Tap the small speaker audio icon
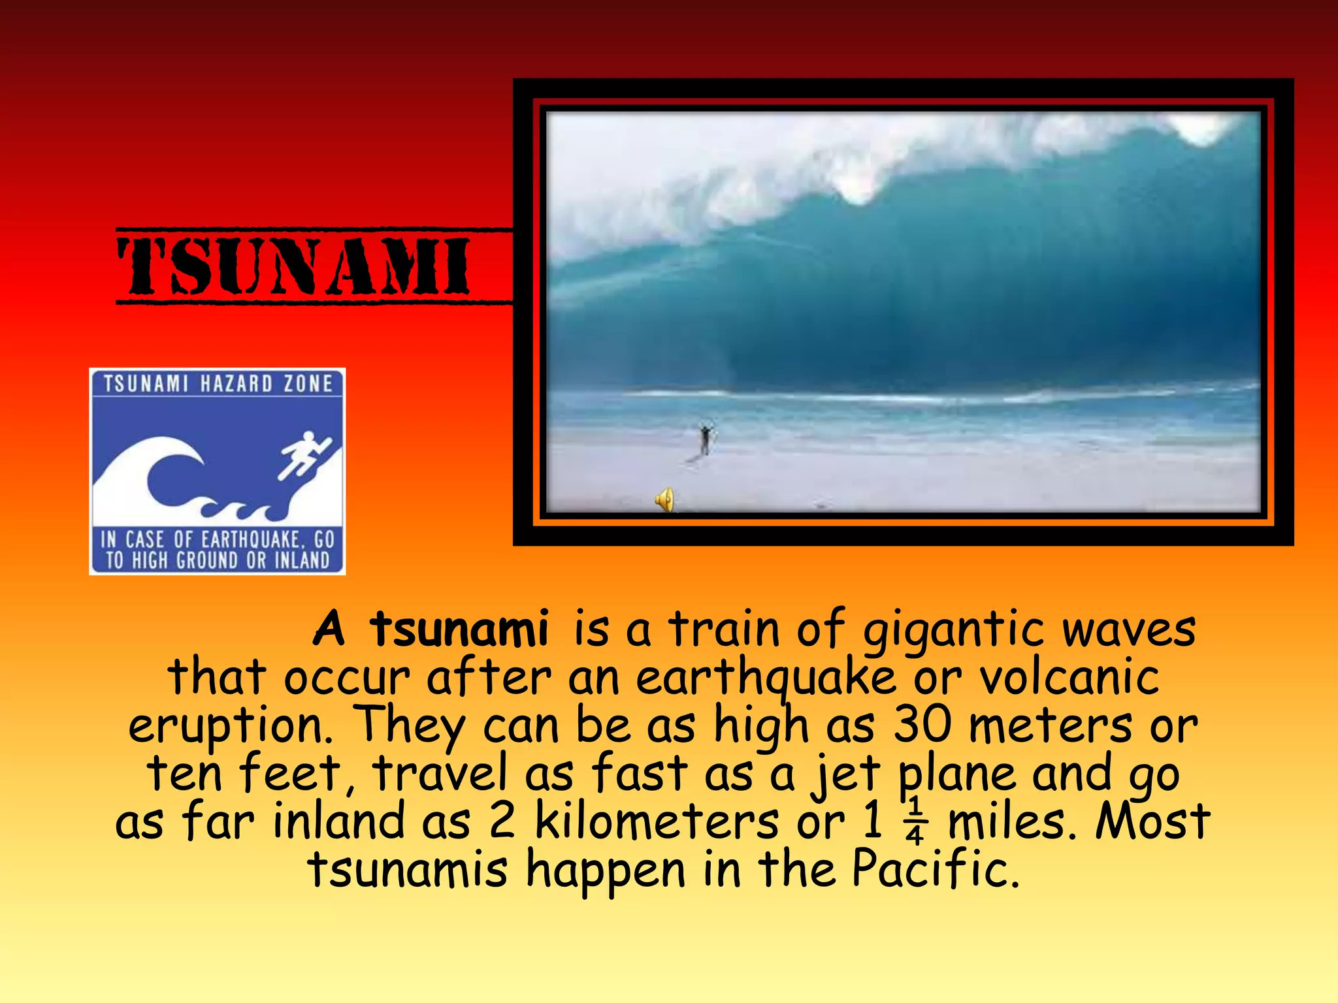(x=664, y=500)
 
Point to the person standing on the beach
(x=705, y=439)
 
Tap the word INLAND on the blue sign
(x=302, y=560)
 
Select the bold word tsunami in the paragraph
(x=459, y=629)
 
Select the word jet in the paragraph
(x=847, y=773)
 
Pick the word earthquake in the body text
(x=766, y=678)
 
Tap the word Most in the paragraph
(x=1152, y=820)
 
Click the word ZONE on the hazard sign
(x=308, y=383)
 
